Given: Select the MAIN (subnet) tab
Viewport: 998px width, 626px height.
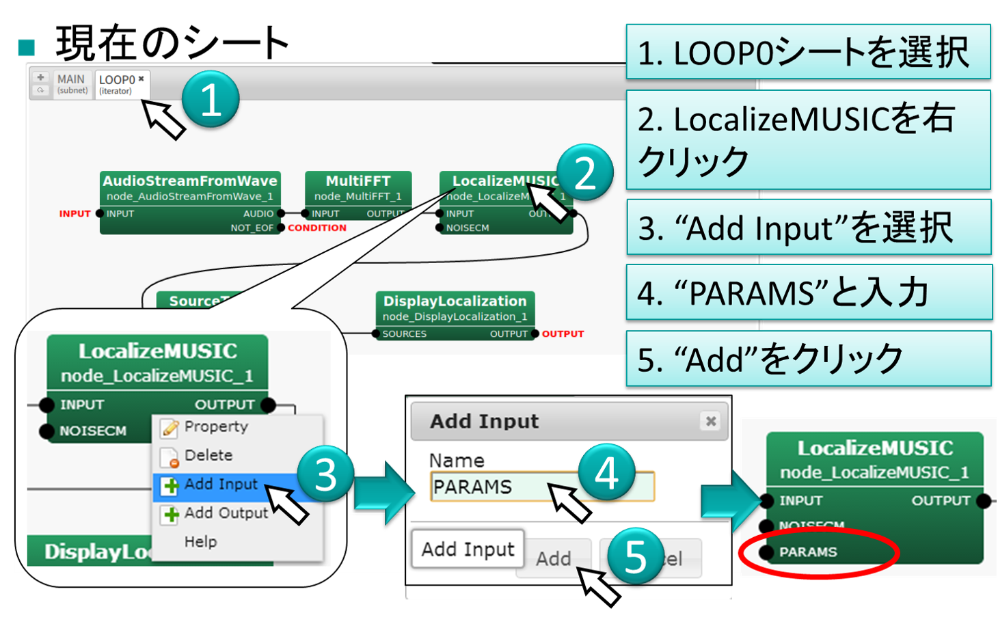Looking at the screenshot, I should click(72, 84).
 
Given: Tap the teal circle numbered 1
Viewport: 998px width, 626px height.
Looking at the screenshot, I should click(211, 99).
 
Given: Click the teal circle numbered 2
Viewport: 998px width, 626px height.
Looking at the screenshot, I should click(585, 172).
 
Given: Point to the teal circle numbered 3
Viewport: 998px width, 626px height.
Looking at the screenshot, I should click(326, 474).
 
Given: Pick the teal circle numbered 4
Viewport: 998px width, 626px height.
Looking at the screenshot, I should click(607, 473).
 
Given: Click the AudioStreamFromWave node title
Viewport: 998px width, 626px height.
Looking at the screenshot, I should click(190, 181).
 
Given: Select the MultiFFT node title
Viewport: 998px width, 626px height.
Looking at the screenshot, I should click(358, 181).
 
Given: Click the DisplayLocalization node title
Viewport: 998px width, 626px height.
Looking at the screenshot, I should click(455, 301).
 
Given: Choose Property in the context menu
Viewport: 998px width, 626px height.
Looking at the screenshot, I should click(215, 426).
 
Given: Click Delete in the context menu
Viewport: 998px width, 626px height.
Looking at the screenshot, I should click(208, 455).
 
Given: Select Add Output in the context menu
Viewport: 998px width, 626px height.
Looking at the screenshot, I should click(226, 513).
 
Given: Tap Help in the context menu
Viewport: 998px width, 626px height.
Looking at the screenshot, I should click(200, 542).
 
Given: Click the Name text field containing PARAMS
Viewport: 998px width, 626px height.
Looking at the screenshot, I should click(542, 487).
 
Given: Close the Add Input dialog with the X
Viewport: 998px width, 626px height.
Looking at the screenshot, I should click(711, 421).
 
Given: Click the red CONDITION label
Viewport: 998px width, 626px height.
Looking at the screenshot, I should click(317, 228).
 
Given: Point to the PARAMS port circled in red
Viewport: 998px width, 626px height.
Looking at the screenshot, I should click(808, 552).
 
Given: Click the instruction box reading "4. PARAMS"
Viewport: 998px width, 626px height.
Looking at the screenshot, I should click(809, 292).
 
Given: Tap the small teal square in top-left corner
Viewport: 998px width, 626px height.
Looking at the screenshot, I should click(26, 48).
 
